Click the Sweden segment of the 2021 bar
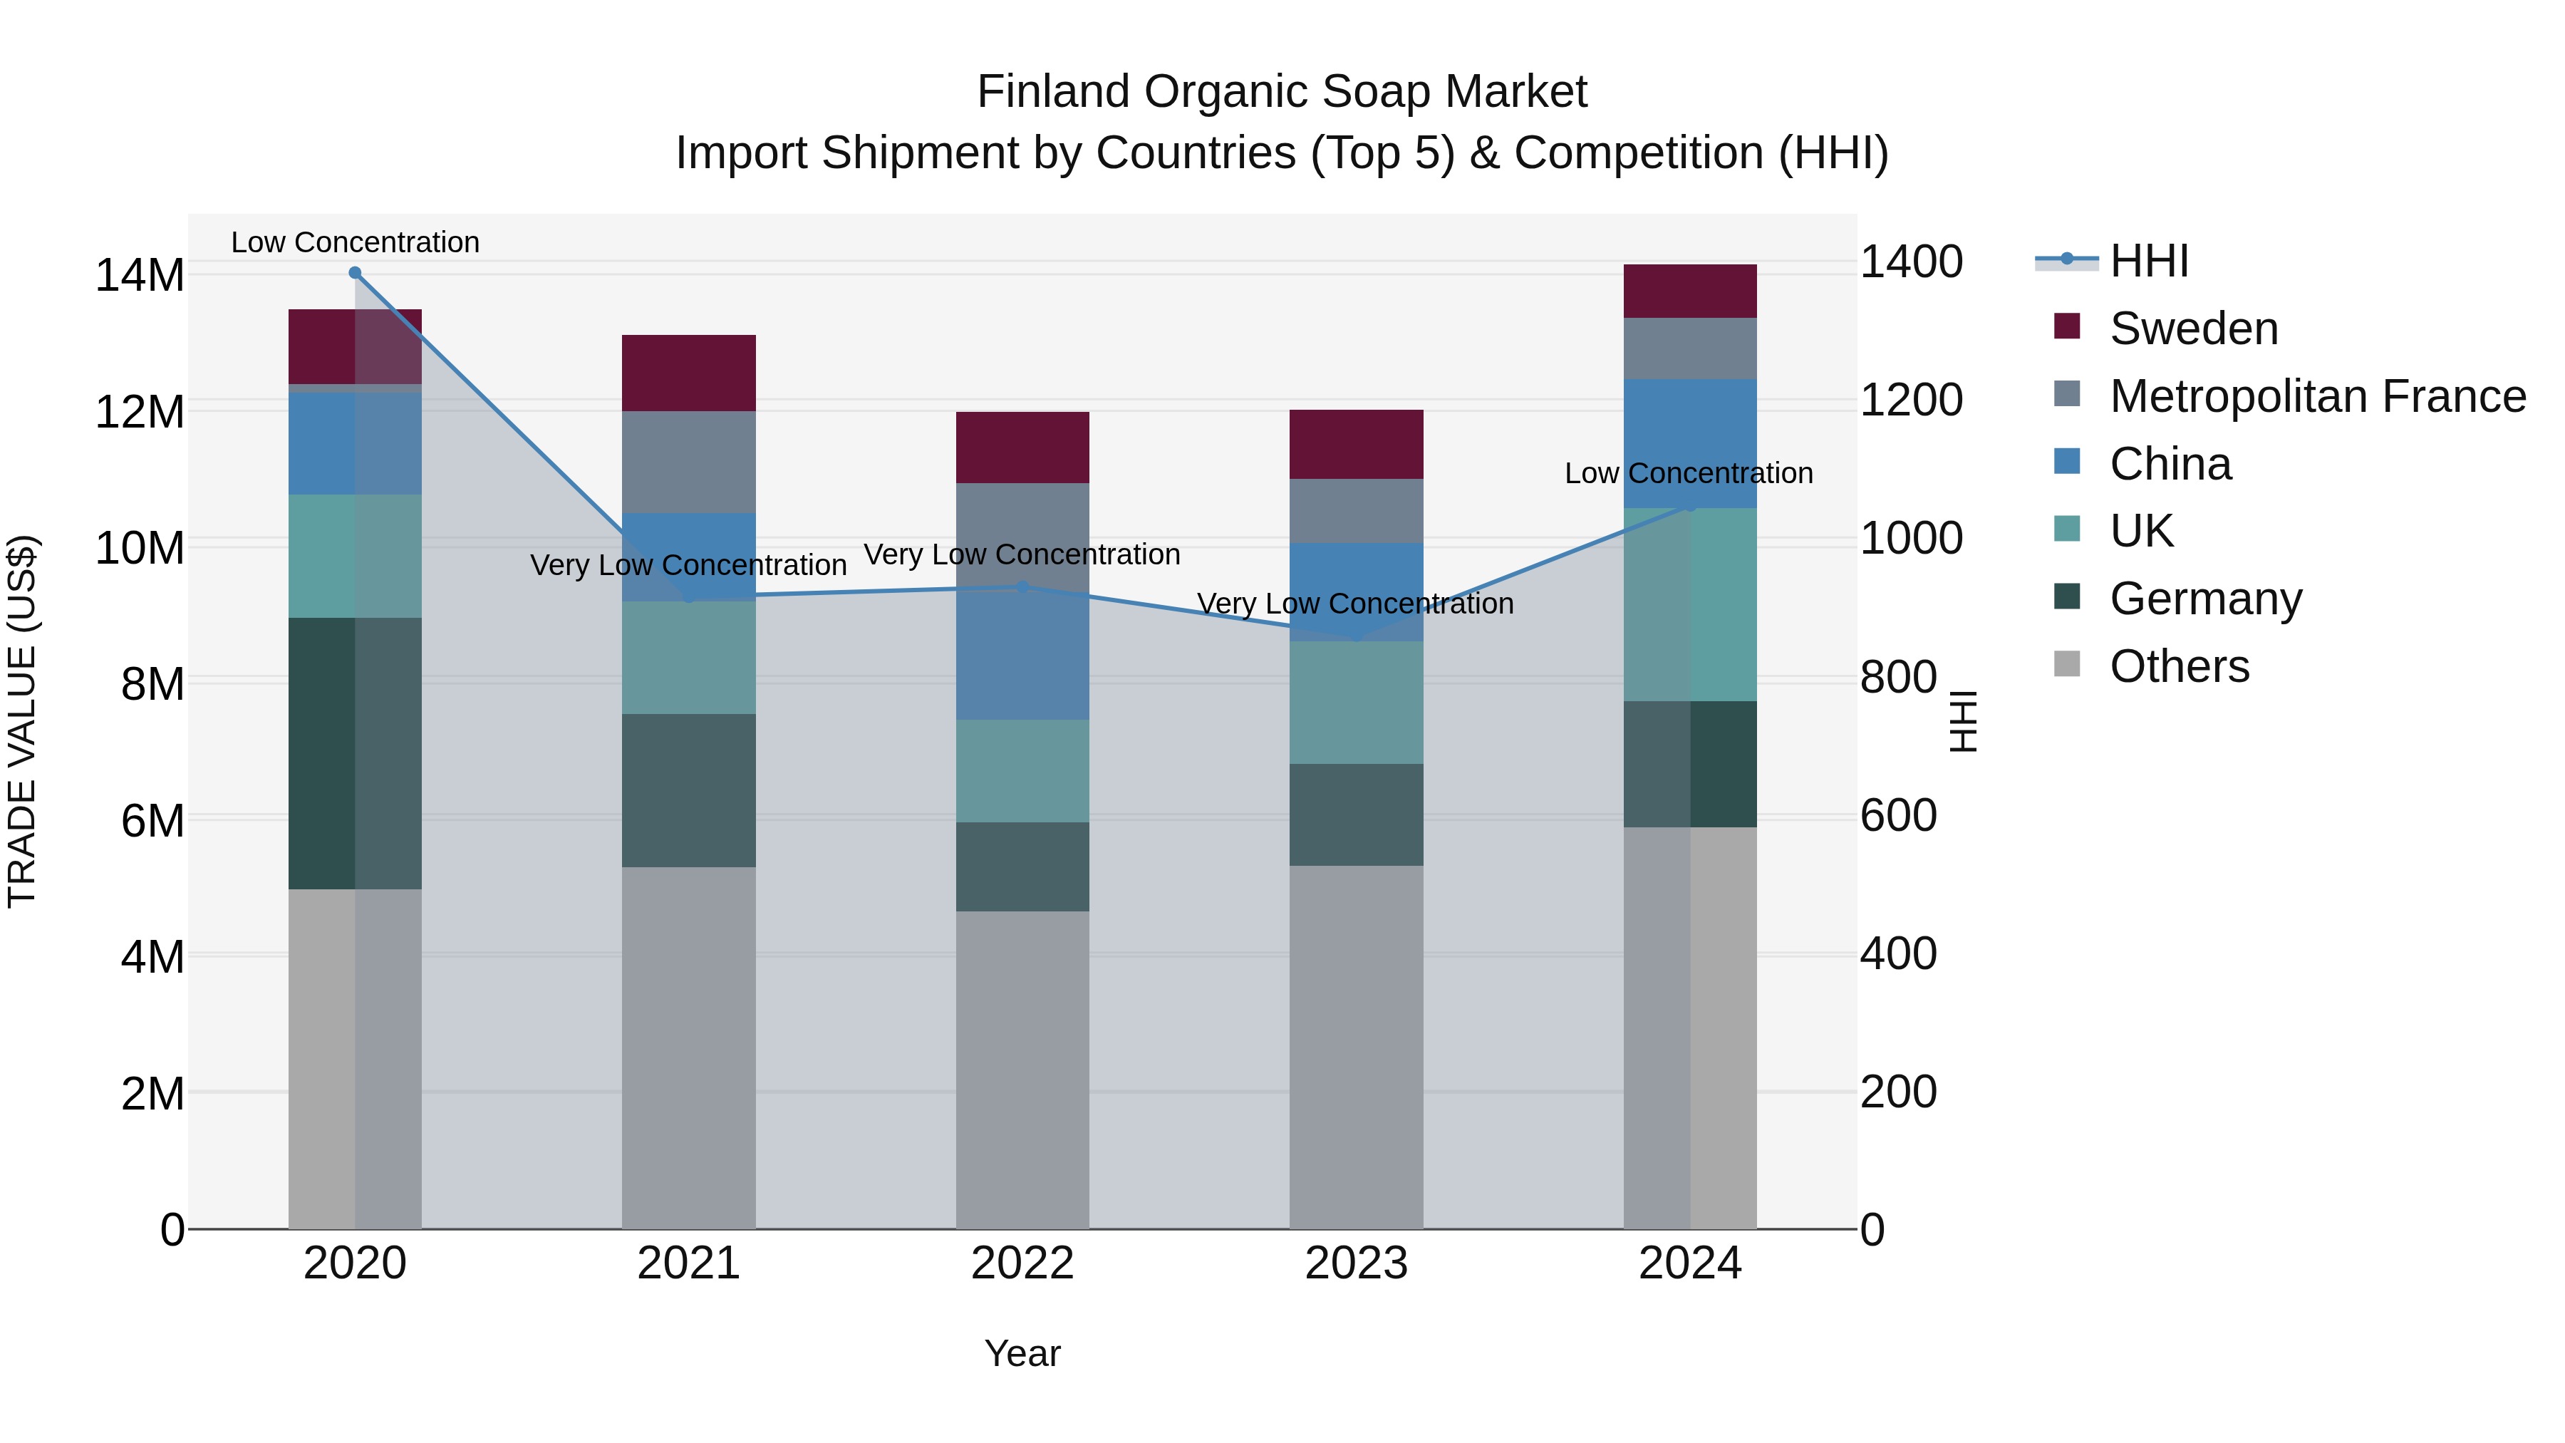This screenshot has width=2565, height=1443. click(688, 373)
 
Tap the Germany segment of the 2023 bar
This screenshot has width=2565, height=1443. click(1355, 814)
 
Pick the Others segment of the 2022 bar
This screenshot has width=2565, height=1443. click(1022, 1070)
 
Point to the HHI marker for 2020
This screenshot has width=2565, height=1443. click(355, 273)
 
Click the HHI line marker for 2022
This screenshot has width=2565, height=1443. click(1022, 588)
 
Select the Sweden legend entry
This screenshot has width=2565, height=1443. click(2192, 329)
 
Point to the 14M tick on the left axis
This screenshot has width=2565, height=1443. click(140, 275)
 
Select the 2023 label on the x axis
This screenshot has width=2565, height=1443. click(1355, 1263)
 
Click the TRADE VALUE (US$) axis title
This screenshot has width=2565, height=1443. click(22, 721)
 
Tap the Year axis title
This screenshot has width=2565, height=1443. click(1022, 1353)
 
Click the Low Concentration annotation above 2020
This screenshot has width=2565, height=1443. click(355, 242)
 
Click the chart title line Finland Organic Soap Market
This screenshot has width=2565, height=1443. click(1282, 92)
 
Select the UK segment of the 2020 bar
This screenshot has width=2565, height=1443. click(355, 556)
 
